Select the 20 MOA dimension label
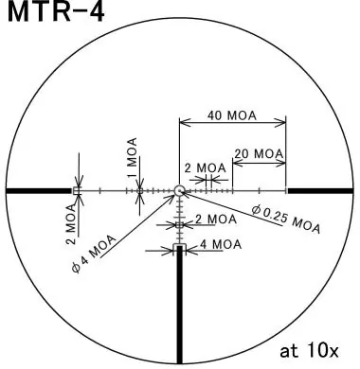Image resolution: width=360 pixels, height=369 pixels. pyautogui.click(x=258, y=153)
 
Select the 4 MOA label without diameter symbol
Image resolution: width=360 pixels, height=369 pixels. pyautogui.click(x=219, y=244)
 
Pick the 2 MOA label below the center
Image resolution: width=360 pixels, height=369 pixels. pyautogui.click(x=215, y=219)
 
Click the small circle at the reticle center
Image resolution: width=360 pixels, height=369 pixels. pyautogui.click(x=180, y=190)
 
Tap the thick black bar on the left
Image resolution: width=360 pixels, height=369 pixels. pyautogui.click(x=38, y=190)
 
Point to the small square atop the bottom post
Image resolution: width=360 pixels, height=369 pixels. pyautogui.click(x=180, y=248)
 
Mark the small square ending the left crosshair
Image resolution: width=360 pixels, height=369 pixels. pyautogui.click(x=78, y=190)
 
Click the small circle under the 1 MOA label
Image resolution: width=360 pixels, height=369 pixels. pyautogui.click(x=140, y=190)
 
